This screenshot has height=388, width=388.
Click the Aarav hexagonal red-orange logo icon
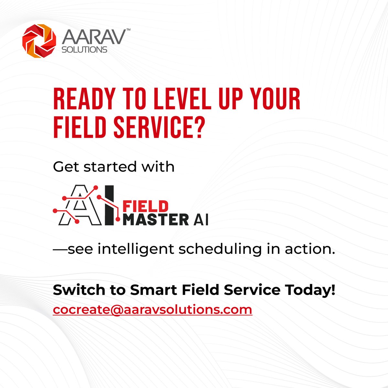(39, 42)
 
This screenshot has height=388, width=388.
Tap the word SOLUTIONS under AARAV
(84, 50)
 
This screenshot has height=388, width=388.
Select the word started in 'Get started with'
(110, 167)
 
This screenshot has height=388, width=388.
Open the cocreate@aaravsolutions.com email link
(152, 309)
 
